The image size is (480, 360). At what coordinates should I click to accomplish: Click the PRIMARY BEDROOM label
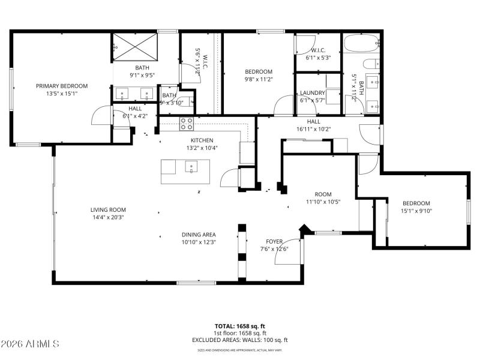(x=61, y=86)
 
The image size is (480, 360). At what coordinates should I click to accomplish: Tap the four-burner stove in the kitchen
(x=187, y=124)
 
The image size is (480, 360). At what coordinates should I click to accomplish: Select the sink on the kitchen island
(x=191, y=167)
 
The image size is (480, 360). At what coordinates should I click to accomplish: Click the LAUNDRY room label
(x=313, y=93)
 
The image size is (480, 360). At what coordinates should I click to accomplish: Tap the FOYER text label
(x=274, y=241)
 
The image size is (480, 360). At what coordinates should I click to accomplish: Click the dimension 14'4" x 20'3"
(x=108, y=218)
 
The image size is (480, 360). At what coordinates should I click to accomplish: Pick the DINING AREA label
(x=199, y=235)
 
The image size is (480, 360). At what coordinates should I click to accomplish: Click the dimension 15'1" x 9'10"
(x=416, y=211)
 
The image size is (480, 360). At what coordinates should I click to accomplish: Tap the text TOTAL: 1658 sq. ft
(x=240, y=326)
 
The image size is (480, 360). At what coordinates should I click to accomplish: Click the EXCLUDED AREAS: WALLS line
(x=240, y=340)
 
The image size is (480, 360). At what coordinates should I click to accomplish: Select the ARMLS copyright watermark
(x=30, y=344)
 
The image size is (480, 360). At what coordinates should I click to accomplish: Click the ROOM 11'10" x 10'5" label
(x=323, y=198)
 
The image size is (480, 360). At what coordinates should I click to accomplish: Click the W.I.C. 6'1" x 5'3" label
(x=318, y=54)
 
